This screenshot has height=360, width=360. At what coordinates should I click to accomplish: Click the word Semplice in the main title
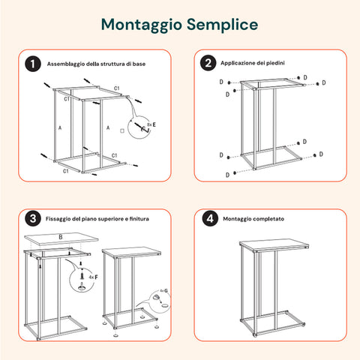tap(222, 25)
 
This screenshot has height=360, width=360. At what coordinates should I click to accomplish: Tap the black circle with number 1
tap(32, 64)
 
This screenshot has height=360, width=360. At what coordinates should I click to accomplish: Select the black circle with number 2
tap(208, 64)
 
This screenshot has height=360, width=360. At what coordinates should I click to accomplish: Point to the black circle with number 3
tap(32, 219)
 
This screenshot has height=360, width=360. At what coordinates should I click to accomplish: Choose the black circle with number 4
tap(208, 219)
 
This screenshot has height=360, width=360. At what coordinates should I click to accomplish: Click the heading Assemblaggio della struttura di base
tap(97, 64)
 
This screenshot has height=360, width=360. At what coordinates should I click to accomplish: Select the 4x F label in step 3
tap(92, 277)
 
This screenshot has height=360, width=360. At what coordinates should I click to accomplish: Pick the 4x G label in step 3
tap(163, 289)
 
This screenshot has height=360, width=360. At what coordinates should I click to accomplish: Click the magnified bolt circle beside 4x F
tap(77, 280)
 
